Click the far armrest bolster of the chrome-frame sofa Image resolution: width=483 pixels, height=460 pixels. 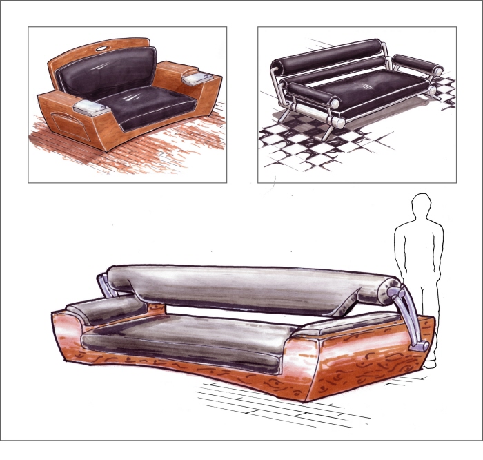pyautogui.click(x=417, y=66)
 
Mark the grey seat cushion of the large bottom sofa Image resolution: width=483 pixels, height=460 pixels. pyautogui.click(x=186, y=338)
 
